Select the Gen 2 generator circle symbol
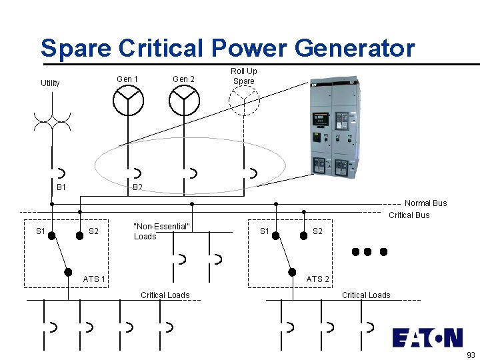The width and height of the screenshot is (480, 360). point(184,100)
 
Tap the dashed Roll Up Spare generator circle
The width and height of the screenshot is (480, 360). point(243,101)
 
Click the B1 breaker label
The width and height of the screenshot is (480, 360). point(61,187)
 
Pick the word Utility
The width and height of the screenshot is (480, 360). point(50,83)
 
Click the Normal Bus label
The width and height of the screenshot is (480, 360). point(425,203)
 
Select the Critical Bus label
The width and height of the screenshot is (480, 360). point(409,215)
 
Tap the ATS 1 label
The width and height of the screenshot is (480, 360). point(94,279)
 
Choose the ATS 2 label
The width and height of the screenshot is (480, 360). point(317,279)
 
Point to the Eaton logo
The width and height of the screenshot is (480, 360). point(427,337)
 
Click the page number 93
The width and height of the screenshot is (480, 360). point(471,355)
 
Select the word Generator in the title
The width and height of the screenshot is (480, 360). point(354,49)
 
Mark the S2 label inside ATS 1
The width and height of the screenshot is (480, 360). point(94,231)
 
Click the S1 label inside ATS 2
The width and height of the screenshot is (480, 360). point(265,231)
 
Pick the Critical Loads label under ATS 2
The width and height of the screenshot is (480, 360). point(366,295)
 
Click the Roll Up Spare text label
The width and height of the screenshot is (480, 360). point(244,76)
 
